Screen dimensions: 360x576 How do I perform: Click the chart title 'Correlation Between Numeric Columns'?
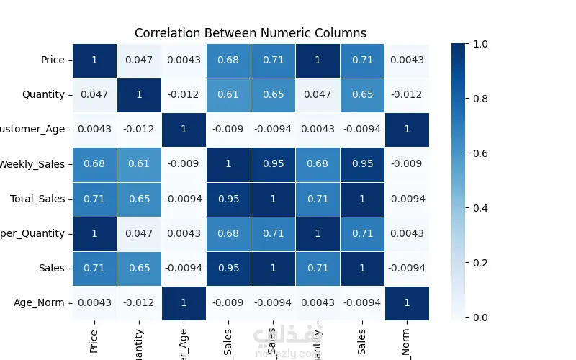(x=251, y=33)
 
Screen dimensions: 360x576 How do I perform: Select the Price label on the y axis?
(x=53, y=60)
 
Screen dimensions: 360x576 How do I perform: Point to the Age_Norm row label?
(x=40, y=303)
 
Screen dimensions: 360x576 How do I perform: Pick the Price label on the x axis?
(x=94, y=338)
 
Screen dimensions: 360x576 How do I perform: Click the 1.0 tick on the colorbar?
(x=481, y=44)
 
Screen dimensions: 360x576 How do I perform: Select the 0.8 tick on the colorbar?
(x=481, y=99)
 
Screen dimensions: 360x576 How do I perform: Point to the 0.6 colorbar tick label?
(x=481, y=153)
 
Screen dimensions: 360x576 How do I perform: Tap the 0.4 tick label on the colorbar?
(x=481, y=208)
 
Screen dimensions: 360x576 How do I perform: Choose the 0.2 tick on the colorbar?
(x=481, y=263)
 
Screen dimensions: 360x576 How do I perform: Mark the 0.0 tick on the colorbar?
(x=481, y=318)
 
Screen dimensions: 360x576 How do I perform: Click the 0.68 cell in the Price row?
(x=228, y=60)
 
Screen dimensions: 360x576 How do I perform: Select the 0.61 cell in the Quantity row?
(x=228, y=94)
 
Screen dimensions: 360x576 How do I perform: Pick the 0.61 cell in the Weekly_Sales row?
(x=139, y=164)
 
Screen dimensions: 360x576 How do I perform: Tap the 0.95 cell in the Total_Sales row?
(x=228, y=199)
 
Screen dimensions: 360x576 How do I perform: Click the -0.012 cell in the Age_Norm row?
(x=139, y=303)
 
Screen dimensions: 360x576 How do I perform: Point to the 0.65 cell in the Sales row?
(x=139, y=269)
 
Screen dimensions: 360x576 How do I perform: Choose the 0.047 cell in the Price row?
(x=139, y=60)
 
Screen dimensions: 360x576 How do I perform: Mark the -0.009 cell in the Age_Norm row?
(x=228, y=303)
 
